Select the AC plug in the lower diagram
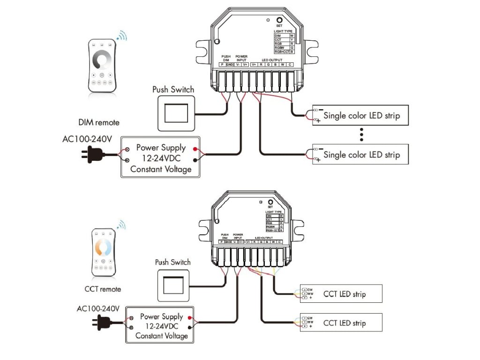(101, 322)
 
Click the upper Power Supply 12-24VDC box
(161, 157)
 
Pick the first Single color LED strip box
(360, 115)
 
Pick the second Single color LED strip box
(360, 154)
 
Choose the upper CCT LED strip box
(341, 293)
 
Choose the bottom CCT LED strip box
(341, 322)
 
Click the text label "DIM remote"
(99, 122)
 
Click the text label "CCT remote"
(103, 289)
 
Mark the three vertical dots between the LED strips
(361, 135)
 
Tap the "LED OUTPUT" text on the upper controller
(272, 60)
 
